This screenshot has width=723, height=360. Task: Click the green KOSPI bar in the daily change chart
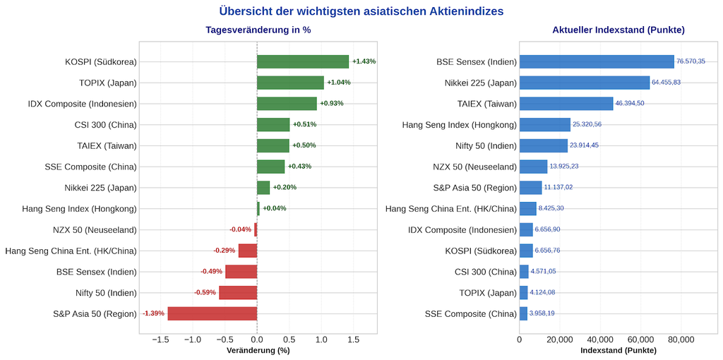coord(303,62)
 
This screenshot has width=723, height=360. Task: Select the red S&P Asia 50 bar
coord(213,313)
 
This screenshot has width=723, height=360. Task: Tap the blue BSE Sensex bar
coord(597,62)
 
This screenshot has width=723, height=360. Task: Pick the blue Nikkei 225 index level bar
coord(585,83)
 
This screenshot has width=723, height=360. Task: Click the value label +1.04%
coord(339,83)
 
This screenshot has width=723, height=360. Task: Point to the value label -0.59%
coord(205,292)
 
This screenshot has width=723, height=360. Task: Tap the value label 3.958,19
coord(542,313)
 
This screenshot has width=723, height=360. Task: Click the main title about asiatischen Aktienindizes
coord(361,11)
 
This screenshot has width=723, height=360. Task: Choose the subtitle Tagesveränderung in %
coord(258,30)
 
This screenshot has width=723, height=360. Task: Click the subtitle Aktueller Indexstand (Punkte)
coord(619,30)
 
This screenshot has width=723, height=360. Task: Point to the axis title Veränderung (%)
coord(258,351)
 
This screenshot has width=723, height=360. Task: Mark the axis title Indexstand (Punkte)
coord(619,351)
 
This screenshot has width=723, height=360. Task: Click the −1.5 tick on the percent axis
coord(160,340)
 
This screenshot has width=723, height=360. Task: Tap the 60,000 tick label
coord(640,340)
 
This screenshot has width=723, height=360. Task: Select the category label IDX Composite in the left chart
coord(83,104)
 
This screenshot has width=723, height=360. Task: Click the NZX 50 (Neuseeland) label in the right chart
coord(475,167)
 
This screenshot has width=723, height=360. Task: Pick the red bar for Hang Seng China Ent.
coord(248,251)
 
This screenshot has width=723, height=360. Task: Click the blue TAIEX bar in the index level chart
coord(566,104)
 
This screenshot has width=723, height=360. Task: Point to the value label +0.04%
coord(275,208)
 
